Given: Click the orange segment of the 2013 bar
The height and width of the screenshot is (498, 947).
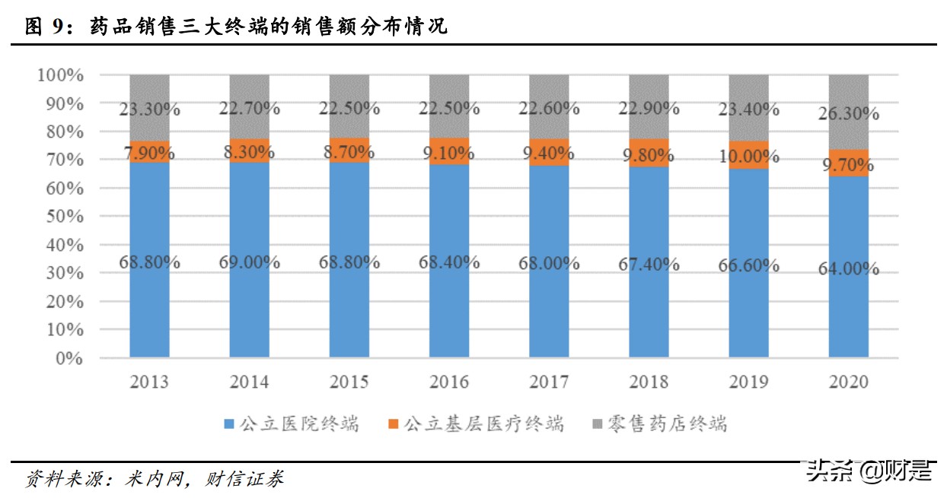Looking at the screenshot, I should coord(149,152).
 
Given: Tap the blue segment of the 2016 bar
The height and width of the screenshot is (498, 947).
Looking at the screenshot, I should coord(448,304).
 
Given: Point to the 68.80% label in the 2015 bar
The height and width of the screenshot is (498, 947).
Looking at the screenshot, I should coord(349,262).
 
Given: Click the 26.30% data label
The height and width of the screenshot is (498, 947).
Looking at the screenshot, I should coord(848,114).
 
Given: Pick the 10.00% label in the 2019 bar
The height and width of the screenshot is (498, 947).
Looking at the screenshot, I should coord(748,157).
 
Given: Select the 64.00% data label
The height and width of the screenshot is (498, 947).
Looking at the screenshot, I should coord(848,268).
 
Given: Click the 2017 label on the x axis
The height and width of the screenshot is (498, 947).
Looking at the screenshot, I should coord(548,382).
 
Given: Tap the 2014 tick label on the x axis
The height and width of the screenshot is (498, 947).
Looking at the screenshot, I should coord(249,382).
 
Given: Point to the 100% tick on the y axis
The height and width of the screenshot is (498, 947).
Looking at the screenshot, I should coord(60,75).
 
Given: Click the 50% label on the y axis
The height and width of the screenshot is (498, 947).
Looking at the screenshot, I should coord(65,217).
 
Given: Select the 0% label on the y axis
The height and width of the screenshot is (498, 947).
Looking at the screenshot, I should coord(69,358).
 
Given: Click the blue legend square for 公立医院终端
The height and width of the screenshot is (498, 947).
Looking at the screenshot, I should coord(229,423).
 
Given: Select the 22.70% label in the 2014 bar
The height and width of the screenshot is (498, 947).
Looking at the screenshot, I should coord(249,109).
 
